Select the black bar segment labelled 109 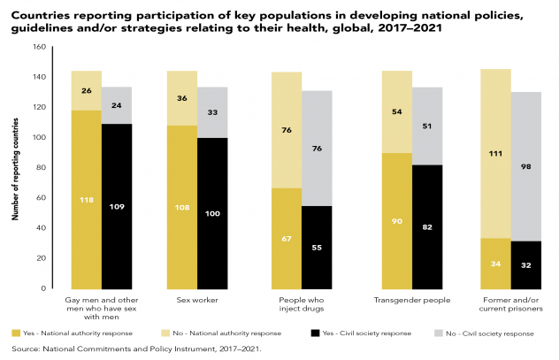click(116, 205)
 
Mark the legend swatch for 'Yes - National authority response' click(17, 333)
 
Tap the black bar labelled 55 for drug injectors click(318, 247)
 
